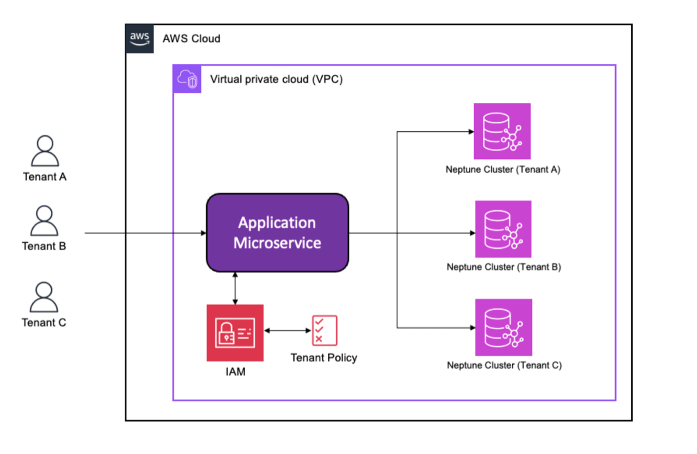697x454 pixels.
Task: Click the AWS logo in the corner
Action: (139, 39)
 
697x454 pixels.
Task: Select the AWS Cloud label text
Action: (191, 39)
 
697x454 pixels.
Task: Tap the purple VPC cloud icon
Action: (187, 79)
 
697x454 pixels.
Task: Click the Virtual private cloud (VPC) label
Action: (276, 79)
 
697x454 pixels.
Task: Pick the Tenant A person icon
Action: (45, 151)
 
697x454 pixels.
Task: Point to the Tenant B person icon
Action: (44, 221)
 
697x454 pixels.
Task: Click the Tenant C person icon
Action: (44, 297)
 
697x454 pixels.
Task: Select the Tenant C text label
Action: (44, 322)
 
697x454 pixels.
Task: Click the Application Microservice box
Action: (277, 233)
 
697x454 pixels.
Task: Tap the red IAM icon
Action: (235, 333)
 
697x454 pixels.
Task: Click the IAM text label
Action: (235, 372)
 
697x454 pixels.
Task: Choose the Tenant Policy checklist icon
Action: (324, 330)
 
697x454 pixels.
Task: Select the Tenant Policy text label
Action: (324, 357)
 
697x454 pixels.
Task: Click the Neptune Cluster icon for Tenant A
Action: (502, 131)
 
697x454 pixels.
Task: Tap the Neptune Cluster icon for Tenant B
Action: (503, 229)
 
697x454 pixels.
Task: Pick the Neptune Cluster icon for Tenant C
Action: (503, 327)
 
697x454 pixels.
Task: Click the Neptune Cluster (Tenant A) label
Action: (503, 169)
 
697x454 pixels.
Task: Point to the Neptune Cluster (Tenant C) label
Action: (504, 365)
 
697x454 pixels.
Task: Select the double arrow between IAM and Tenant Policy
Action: (288, 331)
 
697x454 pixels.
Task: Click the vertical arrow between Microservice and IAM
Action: (235, 288)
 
